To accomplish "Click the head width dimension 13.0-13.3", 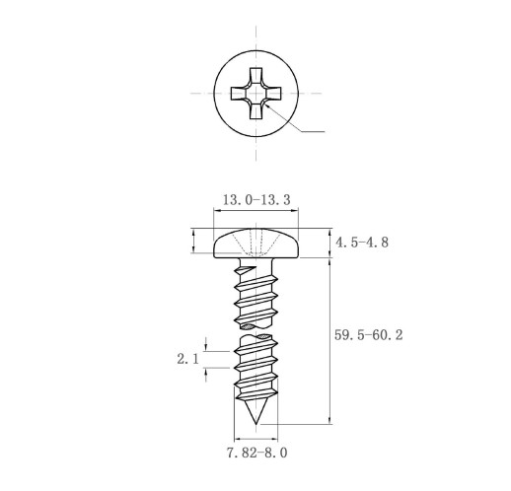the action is click(x=256, y=200).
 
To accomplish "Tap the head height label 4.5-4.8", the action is click(x=362, y=243).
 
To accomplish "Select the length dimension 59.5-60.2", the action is click(x=368, y=335).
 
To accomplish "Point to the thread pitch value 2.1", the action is click(x=188, y=359).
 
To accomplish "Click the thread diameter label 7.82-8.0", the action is click(x=256, y=453).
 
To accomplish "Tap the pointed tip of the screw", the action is click(x=255, y=424).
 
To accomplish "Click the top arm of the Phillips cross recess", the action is click(x=255, y=76).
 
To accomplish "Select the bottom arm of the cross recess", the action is click(x=255, y=110).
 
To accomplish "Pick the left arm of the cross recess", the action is click(x=239, y=94).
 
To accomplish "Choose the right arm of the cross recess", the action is click(x=272, y=94).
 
